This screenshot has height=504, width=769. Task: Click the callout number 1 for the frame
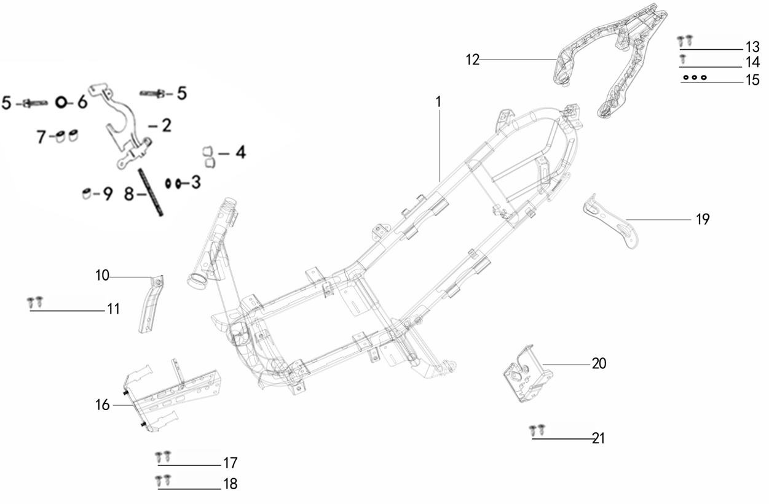439,102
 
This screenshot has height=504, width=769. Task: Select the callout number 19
703,219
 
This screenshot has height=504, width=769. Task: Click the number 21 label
599,438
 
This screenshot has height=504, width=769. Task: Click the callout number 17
231,463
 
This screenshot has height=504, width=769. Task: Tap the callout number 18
230,484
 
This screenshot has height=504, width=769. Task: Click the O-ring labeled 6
62,102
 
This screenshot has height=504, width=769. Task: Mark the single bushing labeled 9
87,195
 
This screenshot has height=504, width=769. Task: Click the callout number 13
752,47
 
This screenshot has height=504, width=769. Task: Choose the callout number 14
752,63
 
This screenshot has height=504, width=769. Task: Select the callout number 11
112,309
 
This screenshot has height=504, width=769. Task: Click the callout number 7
41,136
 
